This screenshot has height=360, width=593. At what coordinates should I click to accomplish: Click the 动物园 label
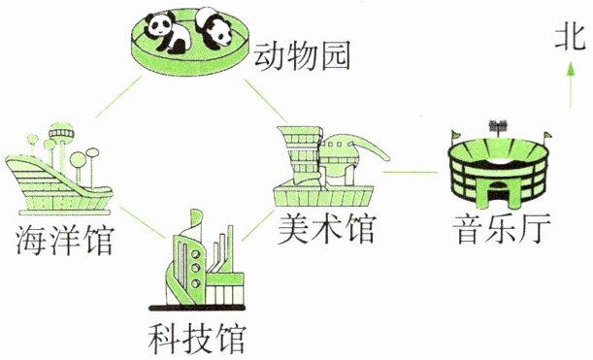pyautogui.click(x=302, y=56)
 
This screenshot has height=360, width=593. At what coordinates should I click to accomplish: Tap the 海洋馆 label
pyautogui.click(x=64, y=240)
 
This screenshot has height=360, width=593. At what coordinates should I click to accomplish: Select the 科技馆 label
pyautogui.click(x=197, y=338)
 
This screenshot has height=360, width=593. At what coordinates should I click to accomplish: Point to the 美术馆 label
pyautogui.click(x=326, y=228)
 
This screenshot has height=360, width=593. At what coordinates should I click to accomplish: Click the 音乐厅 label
pyautogui.click(x=503, y=229)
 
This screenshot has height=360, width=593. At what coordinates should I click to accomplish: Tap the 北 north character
pyautogui.click(x=570, y=38)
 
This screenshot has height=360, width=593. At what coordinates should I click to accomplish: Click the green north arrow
pyautogui.click(x=571, y=85)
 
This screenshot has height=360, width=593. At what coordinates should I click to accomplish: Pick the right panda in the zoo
pyautogui.click(x=213, y=28)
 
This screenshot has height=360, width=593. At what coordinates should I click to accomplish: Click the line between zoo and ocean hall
pyautogui.click(x=118, y=97)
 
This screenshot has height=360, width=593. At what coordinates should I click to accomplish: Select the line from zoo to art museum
pyautogui.click(x=266, y=101)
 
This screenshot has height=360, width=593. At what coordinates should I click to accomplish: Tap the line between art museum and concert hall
pyautogui.click(x=410, y=172)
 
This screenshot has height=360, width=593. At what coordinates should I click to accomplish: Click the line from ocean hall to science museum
pyautogui.click(x=143, y=222)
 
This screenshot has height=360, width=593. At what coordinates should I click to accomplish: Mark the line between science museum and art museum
pyautogui.click(x=258, y=226)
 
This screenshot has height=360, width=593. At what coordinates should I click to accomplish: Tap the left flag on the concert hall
pyautogui.click(x=456, y=135)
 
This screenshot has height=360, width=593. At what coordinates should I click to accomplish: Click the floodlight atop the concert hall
pyautogui.click(x=498, y=125)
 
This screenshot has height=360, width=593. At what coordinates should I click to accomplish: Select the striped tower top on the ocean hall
pyautogui.click(x=61, y=133)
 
